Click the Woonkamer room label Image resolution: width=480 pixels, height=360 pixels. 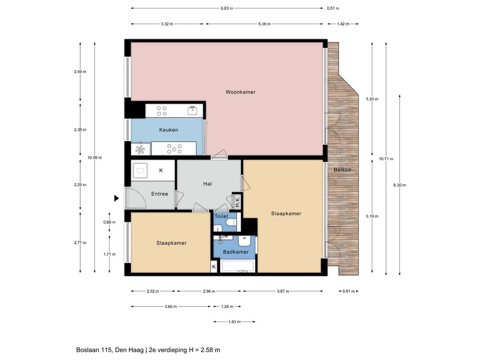(240, 92)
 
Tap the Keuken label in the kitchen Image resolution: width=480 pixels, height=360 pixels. (168, 130)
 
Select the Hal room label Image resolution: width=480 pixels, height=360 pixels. (207, 184)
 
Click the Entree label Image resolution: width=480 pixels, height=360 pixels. (159, 194)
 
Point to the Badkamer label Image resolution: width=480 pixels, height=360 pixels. (236, 252)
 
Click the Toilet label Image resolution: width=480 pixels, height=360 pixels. (221, 216)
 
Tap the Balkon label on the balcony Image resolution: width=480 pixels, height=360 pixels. (342, 170)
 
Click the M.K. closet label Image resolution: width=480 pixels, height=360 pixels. (238, 202)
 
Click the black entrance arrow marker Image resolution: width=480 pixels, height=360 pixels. (116, 198)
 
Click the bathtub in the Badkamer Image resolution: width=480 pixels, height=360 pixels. (238, 266)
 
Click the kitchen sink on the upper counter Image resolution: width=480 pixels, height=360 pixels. (192, 110)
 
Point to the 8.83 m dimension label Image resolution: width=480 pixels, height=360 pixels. (227, 8)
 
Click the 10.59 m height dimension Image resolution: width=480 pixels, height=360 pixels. (95, 157)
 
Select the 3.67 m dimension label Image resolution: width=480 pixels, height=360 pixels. (283, 291)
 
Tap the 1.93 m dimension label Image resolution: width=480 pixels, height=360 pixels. (234, 322)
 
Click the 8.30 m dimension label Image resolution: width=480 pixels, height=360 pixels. (399, 185)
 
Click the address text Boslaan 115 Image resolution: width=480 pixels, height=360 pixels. (94, 350)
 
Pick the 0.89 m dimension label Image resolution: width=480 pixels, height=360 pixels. (109, 222)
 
